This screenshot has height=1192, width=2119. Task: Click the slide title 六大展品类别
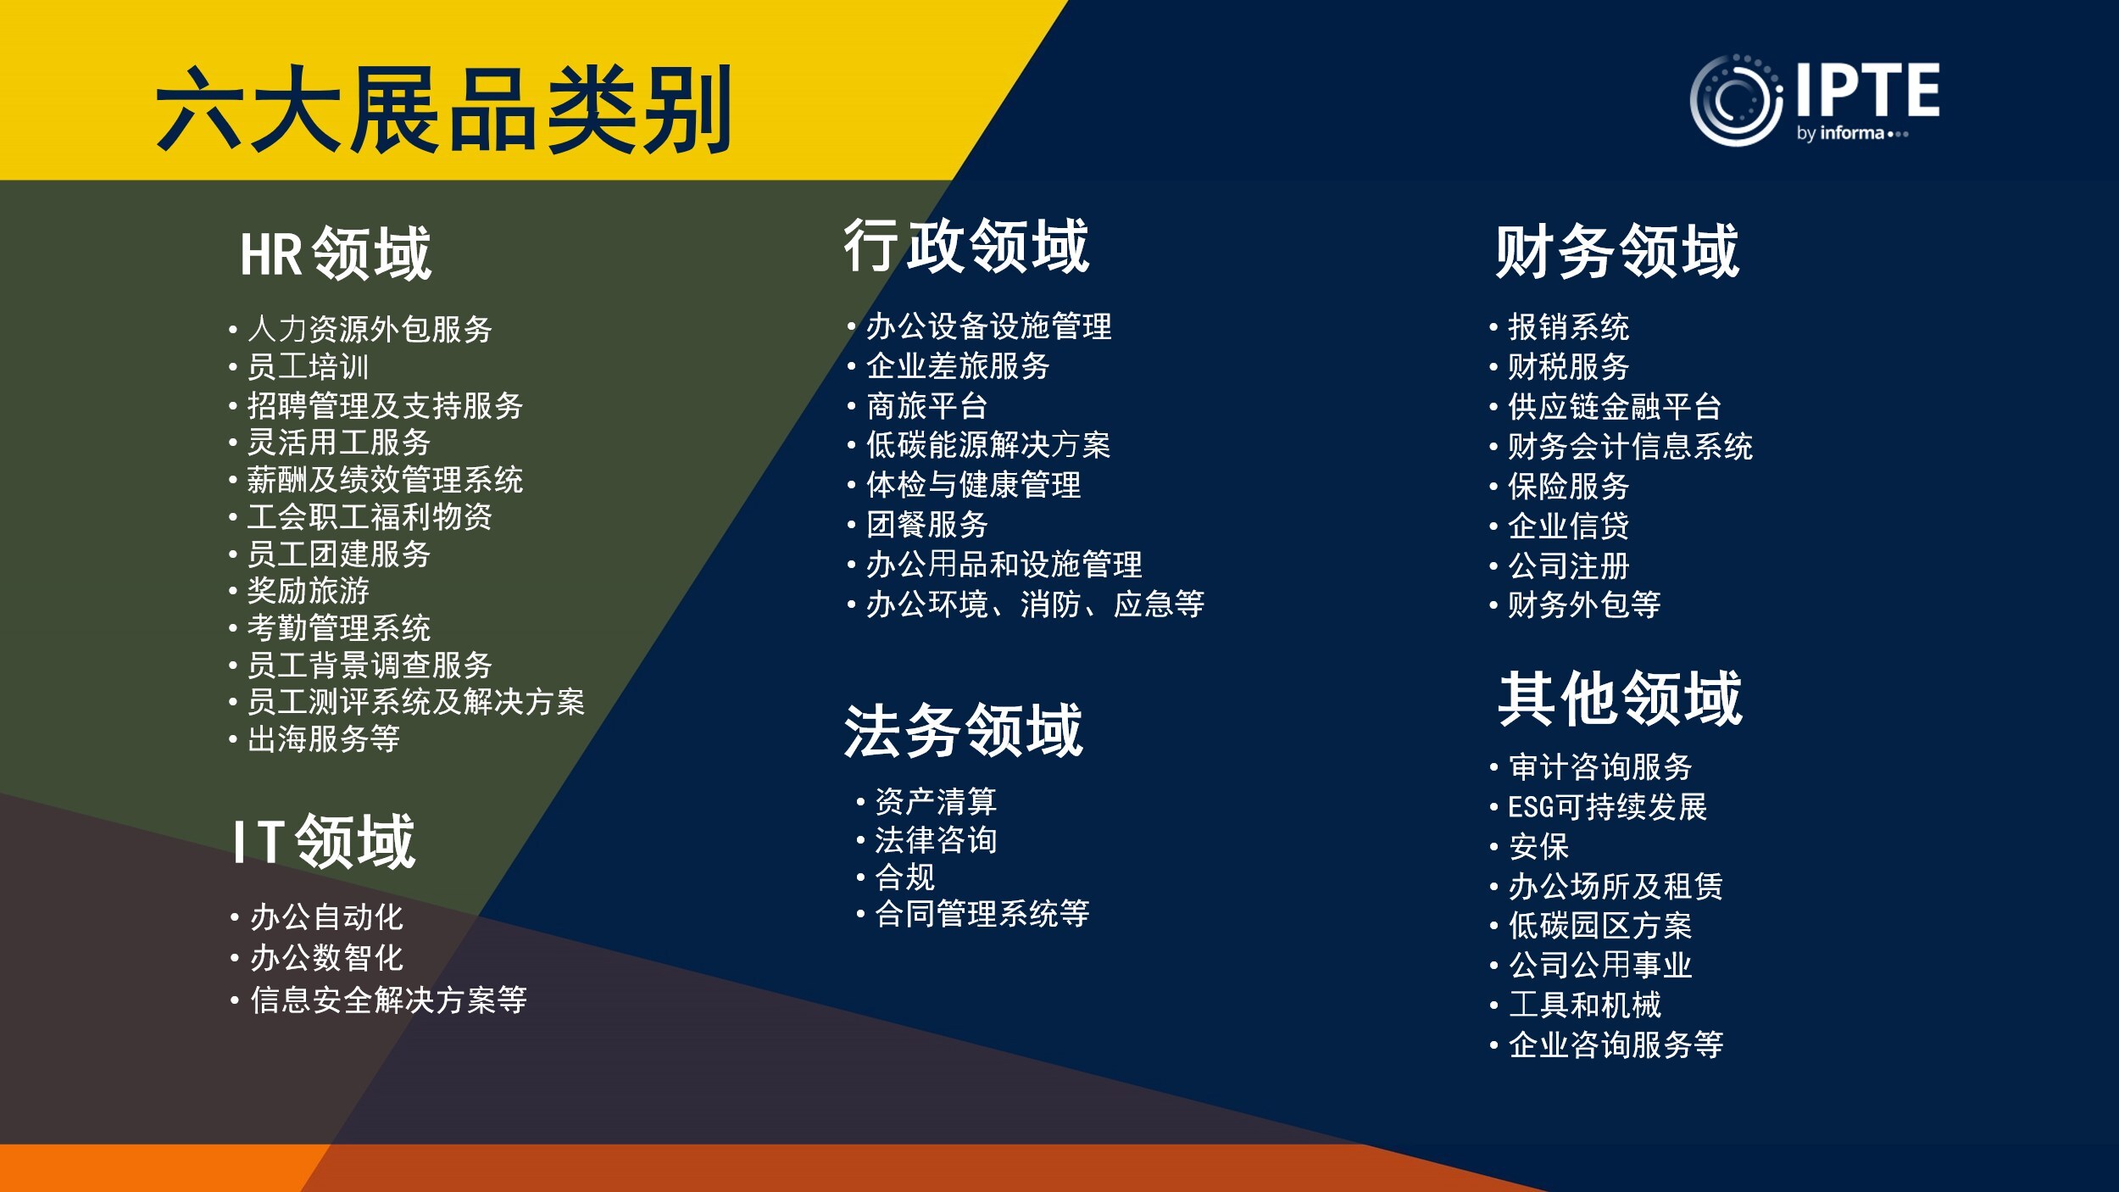coord(443,110)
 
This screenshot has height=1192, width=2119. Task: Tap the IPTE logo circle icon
coord(1736,100)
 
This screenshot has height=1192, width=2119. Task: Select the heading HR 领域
coord(336,253)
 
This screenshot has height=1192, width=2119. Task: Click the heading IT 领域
coord(325,841)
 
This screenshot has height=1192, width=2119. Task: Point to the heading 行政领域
coord(966,246)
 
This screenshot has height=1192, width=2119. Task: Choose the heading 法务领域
coord(964,730)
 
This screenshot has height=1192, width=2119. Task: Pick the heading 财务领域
coord(1617,252)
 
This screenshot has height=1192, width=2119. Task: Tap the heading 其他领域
coord(1621,699)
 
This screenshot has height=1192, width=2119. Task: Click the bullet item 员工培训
coord(309,367)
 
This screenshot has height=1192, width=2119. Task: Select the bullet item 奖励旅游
coord(309,590)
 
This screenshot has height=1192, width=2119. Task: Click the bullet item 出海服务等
coord(324,738)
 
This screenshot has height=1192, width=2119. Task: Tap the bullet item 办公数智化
coord(327,958)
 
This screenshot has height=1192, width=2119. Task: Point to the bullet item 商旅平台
coord(927,406)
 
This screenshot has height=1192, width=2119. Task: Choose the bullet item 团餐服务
coord(927,525)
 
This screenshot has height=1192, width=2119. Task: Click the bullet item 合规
coord(905,877)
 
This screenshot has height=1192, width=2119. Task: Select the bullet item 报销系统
coord(1569,327)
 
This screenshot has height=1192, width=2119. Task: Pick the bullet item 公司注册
coord(1569,565)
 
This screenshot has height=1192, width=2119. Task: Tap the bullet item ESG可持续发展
coord(1608,806)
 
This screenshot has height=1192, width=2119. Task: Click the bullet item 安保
coord(1539,846)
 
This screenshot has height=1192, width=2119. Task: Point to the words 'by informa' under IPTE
coord(1839,133)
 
